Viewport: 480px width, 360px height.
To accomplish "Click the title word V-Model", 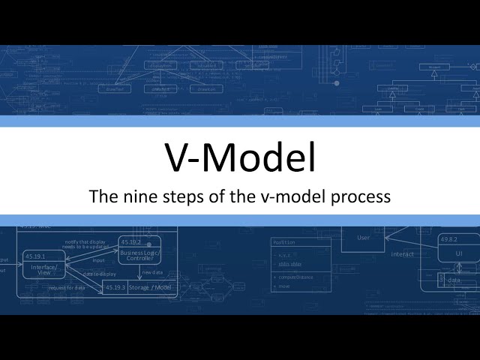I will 240,158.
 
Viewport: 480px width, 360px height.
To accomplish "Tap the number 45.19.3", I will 115,287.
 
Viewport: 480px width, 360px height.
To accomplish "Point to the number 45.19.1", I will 37,256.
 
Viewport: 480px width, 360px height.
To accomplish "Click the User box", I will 364,238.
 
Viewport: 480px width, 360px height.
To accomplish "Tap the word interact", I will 402,254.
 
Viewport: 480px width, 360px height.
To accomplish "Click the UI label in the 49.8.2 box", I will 458,255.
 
